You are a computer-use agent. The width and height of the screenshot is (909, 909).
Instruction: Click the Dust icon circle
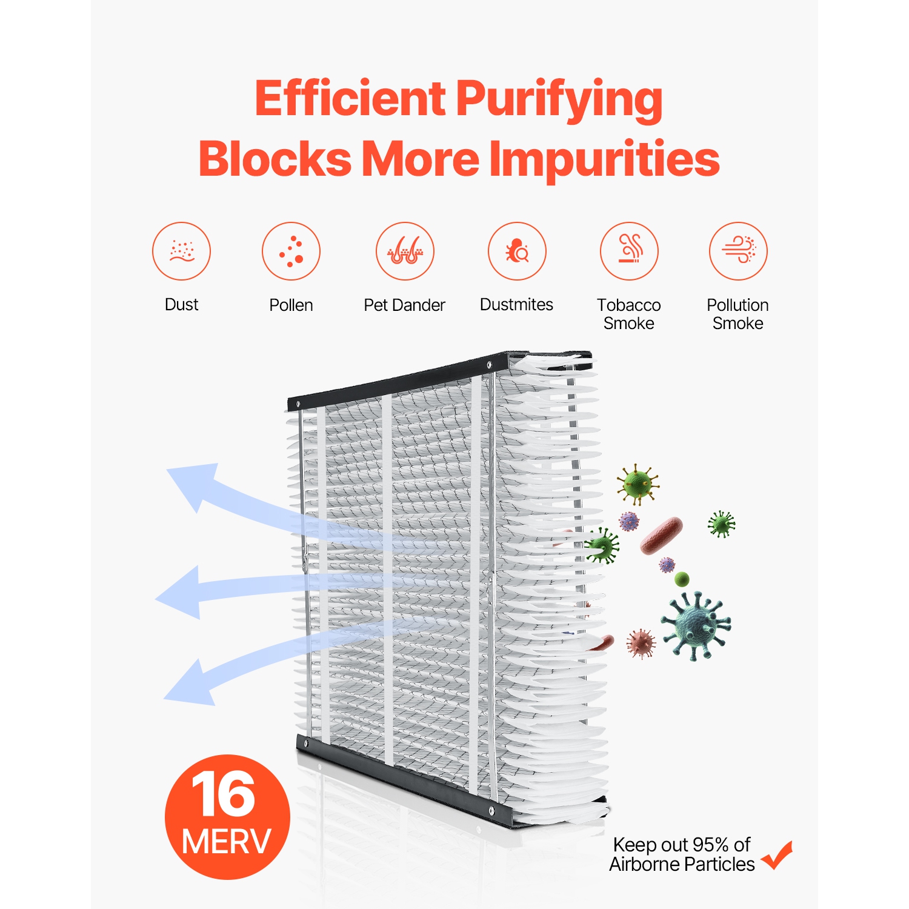tap(181, 251)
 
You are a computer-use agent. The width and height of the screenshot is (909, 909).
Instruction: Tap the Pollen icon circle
tap(291, 251)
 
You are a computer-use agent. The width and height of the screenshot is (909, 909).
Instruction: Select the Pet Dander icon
tap(405, 251)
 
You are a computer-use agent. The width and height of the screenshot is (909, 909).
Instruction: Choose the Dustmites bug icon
tap(517, 251)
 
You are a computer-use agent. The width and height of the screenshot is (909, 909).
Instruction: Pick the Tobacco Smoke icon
tap(629, 251)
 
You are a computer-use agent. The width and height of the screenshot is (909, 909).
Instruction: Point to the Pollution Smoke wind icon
tap(738, 251)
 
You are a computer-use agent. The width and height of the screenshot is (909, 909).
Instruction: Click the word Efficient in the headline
tap(350, 99)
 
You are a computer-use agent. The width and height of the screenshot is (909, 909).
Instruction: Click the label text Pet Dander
tap(404, 305)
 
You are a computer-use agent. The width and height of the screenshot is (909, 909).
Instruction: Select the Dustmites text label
tap(516, 304)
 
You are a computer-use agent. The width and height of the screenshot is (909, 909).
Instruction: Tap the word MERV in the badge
tap(226, 842)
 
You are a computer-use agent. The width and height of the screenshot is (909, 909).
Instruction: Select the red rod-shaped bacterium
tap(661, 536)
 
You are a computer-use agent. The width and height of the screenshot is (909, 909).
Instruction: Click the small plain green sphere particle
tap(682, 579)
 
